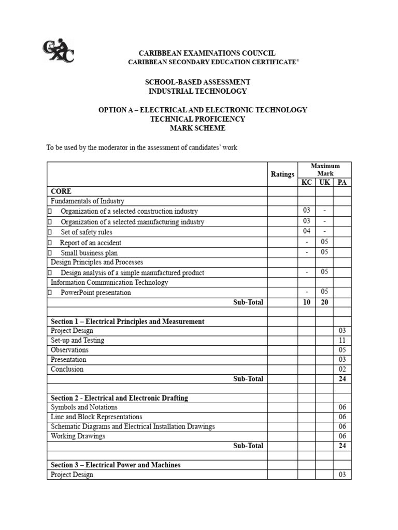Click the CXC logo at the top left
(x=58, y=51)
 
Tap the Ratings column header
(x=282, y=174)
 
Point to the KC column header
(x=307, y=183)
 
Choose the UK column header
(x=324, y=183)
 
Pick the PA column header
(x=342, y=183)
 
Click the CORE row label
(x=61, y=192)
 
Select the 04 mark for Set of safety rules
(x=307, y=231)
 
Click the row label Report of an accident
(x=90, y=243)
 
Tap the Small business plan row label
(x=89, y=253)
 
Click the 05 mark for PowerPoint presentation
(x=324, y=292)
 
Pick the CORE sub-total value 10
(x=307, y=302)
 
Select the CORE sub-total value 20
(x=324, y=302)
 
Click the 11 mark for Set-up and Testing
(x=342, y=340)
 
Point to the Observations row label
(x=69, y=350)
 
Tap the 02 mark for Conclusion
(x=342, y=369)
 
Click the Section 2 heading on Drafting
(x=119, y=398)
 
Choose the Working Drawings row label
(x=78, y=436)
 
